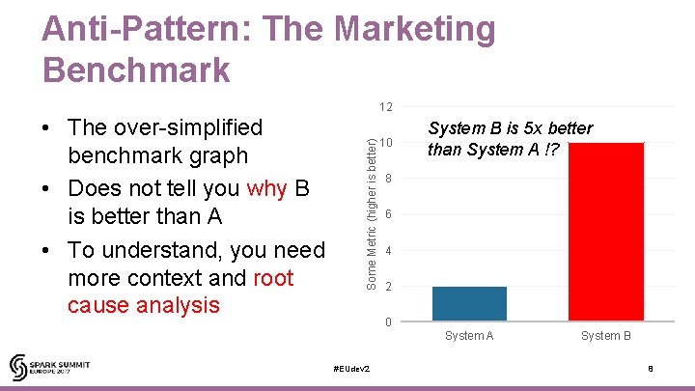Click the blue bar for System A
click(469, 303)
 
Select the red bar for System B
click(605, 232)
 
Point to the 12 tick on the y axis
click(385, 106)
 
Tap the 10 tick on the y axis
click(385, 143)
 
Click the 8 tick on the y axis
click(387, 179)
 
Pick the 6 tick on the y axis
click(387, 214)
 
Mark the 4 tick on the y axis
click(387, 251)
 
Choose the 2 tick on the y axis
click(387, 287)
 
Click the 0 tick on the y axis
click(387, 322)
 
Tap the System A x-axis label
click(469, 336)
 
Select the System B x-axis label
click(605, 336)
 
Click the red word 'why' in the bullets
click(267, 188)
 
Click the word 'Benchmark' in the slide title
click(136, 70)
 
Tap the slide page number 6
click(651, 370)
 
